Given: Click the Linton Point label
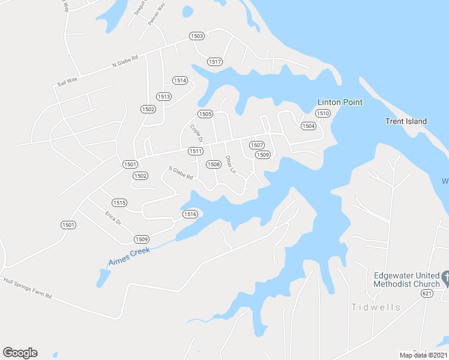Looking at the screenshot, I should point(340,102).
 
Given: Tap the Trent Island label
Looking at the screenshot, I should point(406,121).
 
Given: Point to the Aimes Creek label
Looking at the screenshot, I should point(128,256).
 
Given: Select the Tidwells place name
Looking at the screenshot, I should point(376,307).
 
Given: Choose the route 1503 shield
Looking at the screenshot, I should point(197,36).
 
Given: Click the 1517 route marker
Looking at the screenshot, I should point(215,62).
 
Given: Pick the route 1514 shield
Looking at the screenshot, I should point(180,80).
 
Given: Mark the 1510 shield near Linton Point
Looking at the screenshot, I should point(323,113).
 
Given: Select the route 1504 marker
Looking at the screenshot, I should point(308,126).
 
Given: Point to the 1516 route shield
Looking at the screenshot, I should point(190,214).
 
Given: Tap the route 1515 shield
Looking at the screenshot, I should point(119,203).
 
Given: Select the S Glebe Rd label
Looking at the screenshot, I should point(181,173).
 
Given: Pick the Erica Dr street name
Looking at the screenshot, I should point(113,218).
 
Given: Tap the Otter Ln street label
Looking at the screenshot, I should point(230,164).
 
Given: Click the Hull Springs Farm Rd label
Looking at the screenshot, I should point(28,288).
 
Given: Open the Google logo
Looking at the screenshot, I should point(20,353).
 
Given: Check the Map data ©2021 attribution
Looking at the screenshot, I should point(423,355).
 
